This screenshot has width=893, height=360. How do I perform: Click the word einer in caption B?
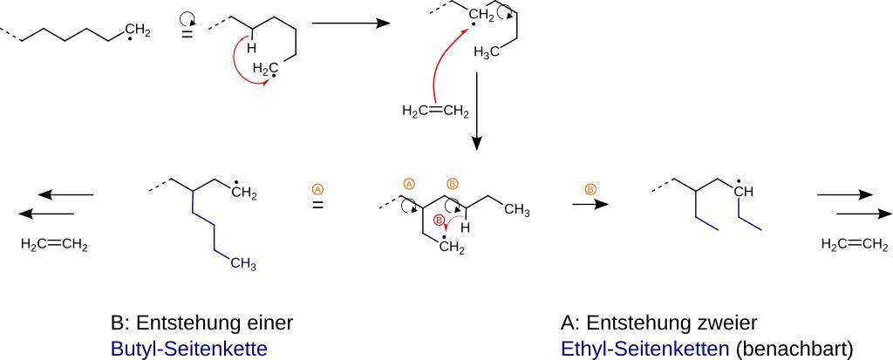pyautogui.click(x=267, y=323)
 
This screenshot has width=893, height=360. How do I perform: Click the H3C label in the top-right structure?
pyautogui.click(x=487, y=53)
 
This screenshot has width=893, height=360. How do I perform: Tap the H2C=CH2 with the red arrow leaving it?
pyautogui.click(x=435, y=111)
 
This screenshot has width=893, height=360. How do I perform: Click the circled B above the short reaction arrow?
pyautogui.click(x=590, y=188)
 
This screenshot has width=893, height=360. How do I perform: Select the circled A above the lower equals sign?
pyautogui.click(x=318, y=188)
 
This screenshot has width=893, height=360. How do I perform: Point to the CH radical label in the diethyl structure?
pyautogui.click(x=743, y=190)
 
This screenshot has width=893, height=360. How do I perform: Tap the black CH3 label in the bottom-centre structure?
pyautogui.click(x=516, y=210)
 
